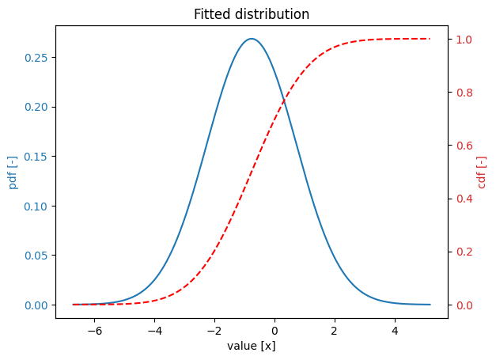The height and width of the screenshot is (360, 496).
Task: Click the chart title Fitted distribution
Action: point(252,14)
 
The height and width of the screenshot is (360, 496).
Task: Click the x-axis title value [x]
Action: point(252,346)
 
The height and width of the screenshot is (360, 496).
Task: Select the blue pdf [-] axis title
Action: point(13,172)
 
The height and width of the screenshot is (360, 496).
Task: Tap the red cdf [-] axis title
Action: point(482,172)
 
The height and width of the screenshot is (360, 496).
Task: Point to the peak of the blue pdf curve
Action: point(252,39)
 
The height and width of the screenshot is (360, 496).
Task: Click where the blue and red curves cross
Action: point(282,99)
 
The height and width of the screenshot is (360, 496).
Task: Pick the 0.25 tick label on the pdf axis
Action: point(37,58)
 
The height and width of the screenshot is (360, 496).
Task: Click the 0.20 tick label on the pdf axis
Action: point(37,107)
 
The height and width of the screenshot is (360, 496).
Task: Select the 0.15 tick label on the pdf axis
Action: point(37,157)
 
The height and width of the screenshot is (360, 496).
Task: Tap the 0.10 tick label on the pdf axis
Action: point(37,206)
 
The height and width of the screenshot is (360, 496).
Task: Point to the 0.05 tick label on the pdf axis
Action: point(37,256)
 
